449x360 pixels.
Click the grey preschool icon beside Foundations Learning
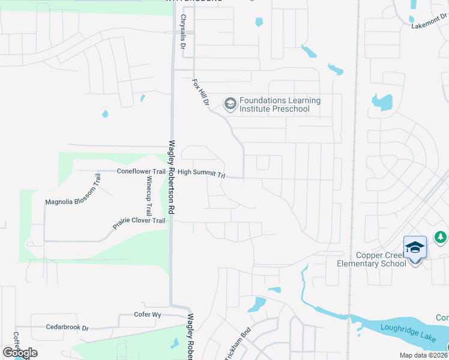(229, 104)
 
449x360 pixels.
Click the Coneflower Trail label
(141, 172)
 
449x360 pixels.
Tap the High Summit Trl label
(201, 173)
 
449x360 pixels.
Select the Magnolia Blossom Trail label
(71, 189)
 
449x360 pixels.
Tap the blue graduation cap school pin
(415, 247)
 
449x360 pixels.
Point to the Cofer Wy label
(148, 315)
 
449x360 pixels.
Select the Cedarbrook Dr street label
(67, 328)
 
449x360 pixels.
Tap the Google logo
(19, 353)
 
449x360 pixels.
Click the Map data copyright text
(424, 355)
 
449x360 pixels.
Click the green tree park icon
(441, 238)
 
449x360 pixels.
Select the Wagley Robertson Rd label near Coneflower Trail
(173, 177)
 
